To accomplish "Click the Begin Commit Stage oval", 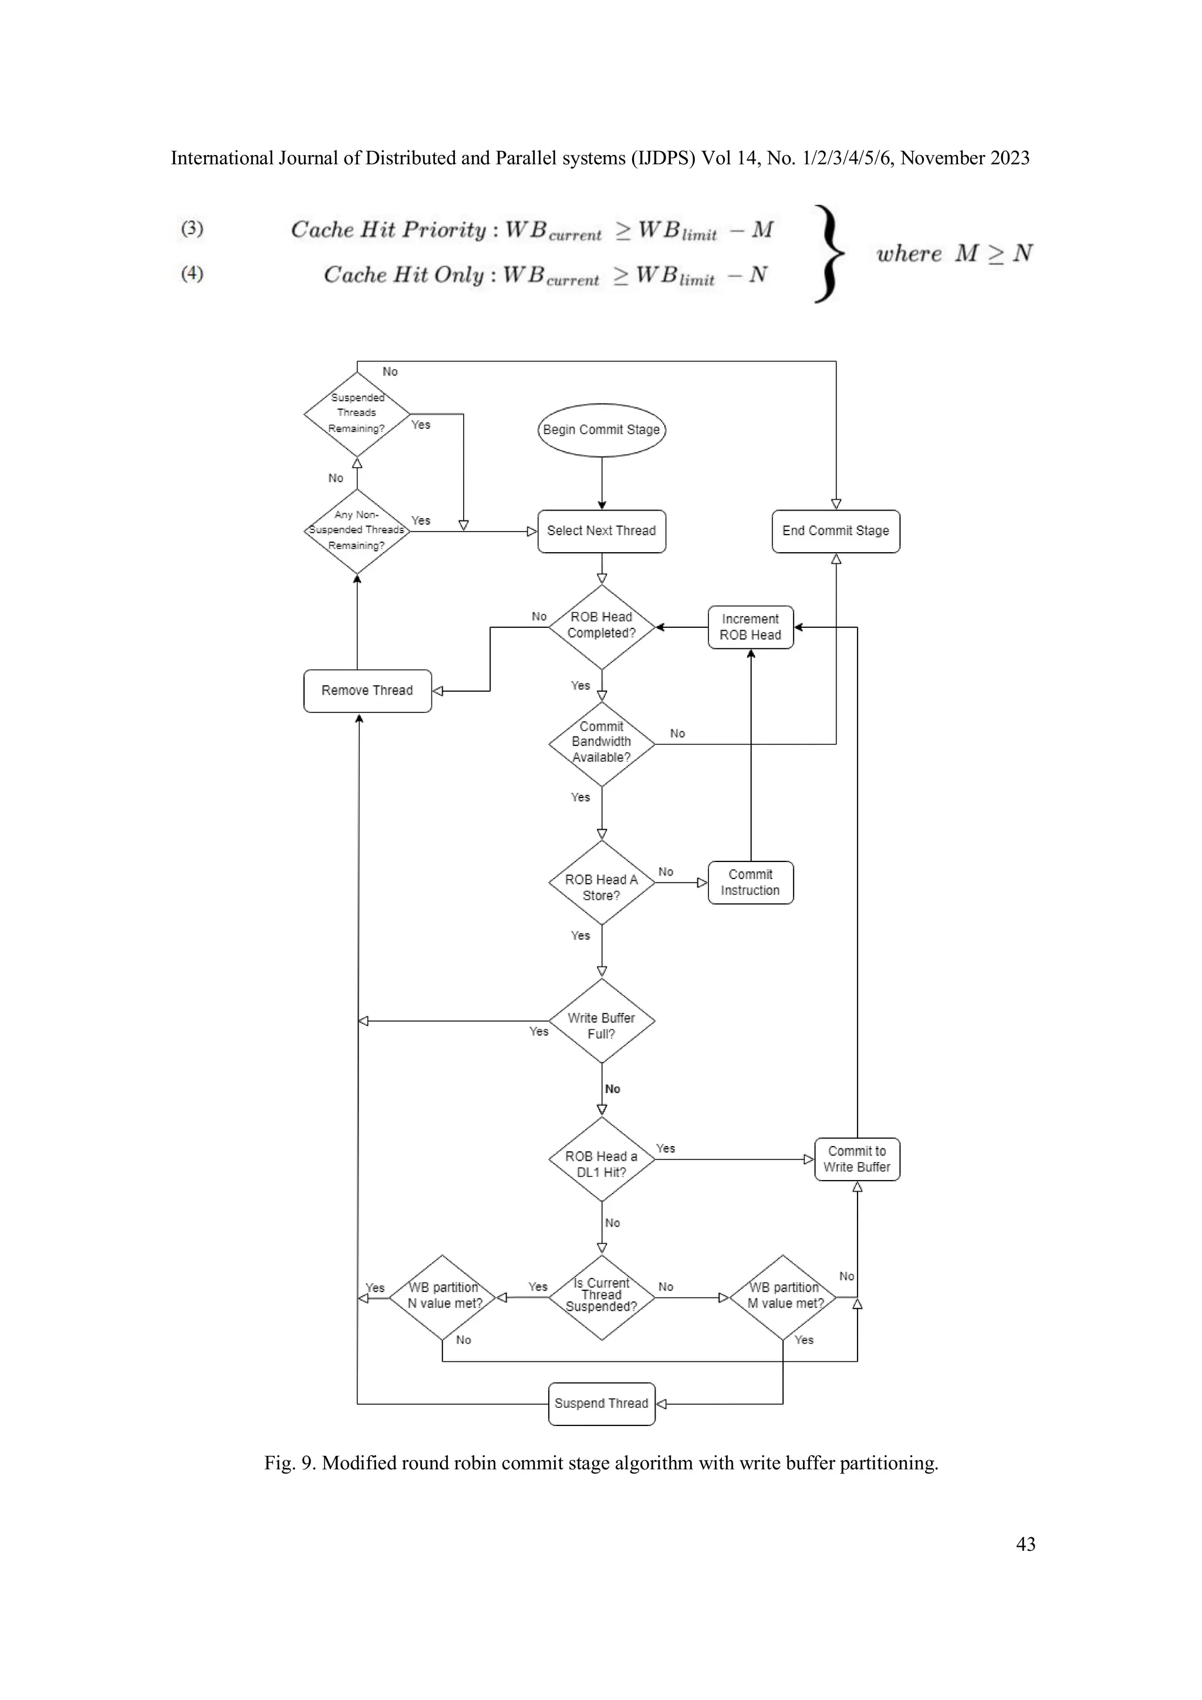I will pos(602,430).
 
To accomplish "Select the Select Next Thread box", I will pos(602,531).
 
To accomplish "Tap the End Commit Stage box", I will pos(835,531).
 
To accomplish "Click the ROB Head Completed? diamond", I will pos(602,626).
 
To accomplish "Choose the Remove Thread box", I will pos(367,691).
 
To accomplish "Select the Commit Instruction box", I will pos(750,882).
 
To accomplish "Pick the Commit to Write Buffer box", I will pos(857,1159).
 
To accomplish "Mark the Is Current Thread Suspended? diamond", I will pos(602,1297).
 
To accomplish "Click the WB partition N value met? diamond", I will pos(442,1297).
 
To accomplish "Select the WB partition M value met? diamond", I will pos(783,1297).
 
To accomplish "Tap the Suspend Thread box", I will pos(602,1403).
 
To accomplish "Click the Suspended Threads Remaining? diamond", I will pos(357,414).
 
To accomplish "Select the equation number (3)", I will pos(192,228).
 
